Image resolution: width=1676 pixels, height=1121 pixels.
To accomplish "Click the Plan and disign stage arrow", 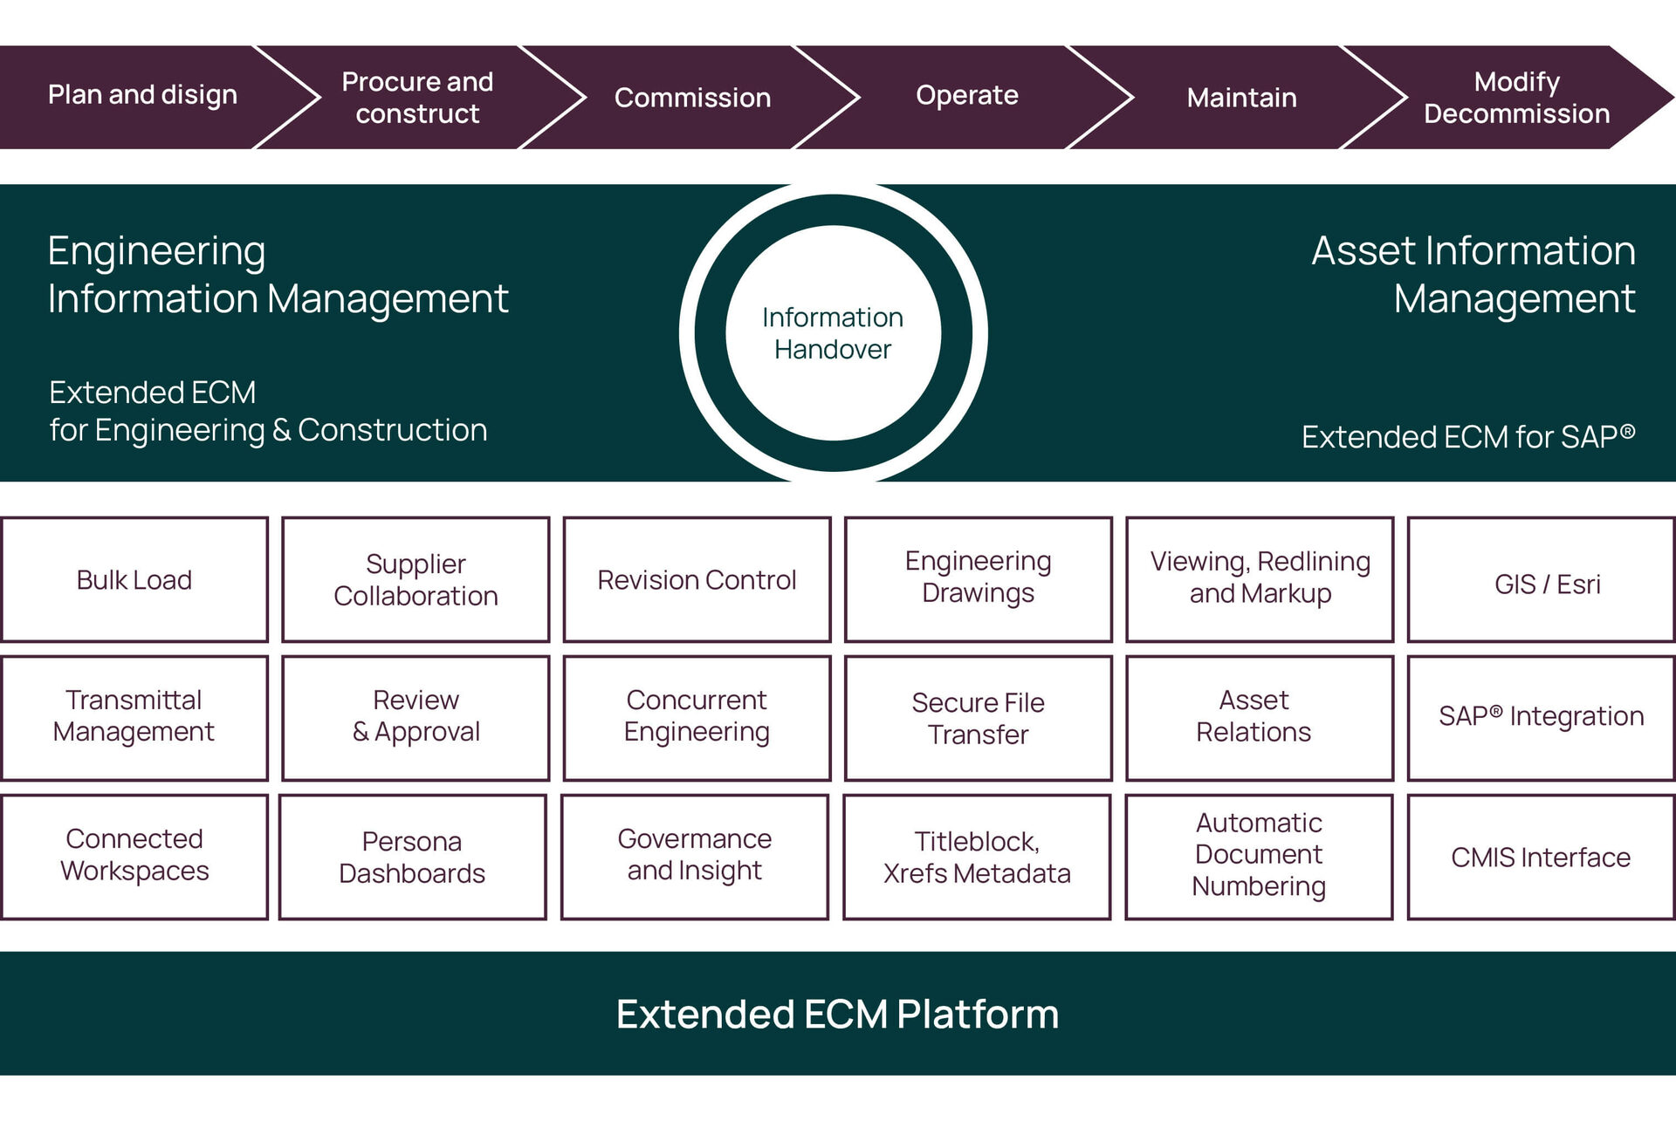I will tap(142, 95).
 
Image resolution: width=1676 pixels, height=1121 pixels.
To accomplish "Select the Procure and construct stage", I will tap(417, 98).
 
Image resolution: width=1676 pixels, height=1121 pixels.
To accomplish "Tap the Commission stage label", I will tap(692, 98).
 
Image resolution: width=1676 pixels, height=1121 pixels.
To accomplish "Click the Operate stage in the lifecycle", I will tap(966, 95).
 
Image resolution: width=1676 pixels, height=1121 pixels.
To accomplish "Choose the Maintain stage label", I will tap(1241, 98).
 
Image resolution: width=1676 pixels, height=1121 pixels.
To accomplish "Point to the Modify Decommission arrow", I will tap(1516, 98).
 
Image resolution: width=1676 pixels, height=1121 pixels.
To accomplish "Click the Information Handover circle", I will tap(833, 333).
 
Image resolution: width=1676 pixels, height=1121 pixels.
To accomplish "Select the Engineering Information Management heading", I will tap(278, 275).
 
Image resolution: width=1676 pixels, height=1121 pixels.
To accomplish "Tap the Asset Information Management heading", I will tap(1473, 275).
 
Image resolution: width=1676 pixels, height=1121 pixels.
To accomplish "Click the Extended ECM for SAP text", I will tap(1467, 436).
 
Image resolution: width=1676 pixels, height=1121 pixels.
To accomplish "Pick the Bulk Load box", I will tap(134, 580).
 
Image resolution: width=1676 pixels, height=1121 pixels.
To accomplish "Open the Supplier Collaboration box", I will tap(416, 580).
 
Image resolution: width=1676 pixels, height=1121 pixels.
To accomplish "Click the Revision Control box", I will tap(697, 580).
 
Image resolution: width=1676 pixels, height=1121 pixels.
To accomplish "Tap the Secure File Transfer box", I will tap(978, 718).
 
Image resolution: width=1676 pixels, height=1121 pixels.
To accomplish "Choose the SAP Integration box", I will tap(1541, 716).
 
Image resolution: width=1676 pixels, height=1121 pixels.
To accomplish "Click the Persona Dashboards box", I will tap(412, 857).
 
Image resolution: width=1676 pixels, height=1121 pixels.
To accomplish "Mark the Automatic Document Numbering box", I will tap(1259, 855).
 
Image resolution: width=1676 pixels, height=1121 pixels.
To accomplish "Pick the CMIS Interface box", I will tap(1541, 858).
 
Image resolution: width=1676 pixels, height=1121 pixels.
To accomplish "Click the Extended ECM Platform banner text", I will tap(837, 1015).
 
